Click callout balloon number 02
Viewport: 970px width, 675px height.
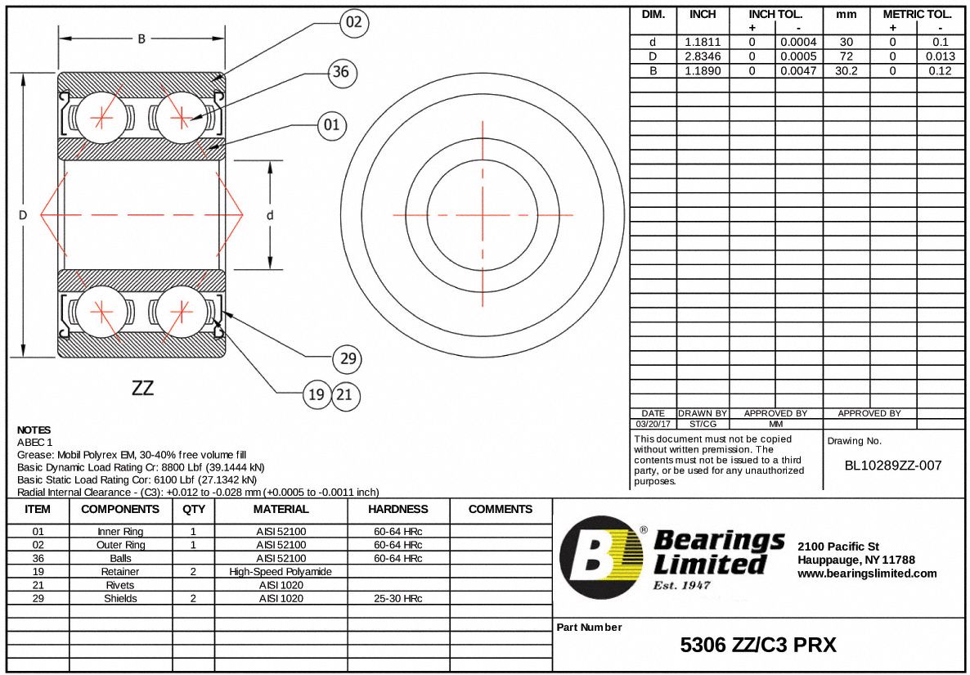tap(353, 22)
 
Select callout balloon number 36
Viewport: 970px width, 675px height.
tap(341, 72)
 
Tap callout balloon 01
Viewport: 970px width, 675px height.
tap(331, 125)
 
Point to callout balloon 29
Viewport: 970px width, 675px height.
tap(348, 358)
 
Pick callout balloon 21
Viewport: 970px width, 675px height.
tap(344, 395)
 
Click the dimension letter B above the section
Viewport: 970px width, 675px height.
tap(141, 38)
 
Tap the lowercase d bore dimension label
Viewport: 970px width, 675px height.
tap(269, 215)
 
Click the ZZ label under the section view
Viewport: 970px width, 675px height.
tap(142, 388)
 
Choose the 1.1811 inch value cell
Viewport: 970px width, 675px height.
tap(703, 42)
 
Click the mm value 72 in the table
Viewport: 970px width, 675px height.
tap(846, 56)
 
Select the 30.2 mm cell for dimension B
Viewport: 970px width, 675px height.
tap(846, 71)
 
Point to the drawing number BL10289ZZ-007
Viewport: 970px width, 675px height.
tap(893, 466)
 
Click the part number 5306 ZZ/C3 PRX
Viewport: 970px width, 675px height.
tap(758, 646)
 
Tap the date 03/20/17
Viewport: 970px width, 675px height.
tap(653, 424)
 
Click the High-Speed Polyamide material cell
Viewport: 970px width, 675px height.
tap(281, 572)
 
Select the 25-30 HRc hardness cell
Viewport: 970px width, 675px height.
tap(397, 599)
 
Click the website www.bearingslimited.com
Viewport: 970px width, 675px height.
tap(867, 574)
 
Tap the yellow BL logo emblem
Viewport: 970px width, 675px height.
tap(601, 557)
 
